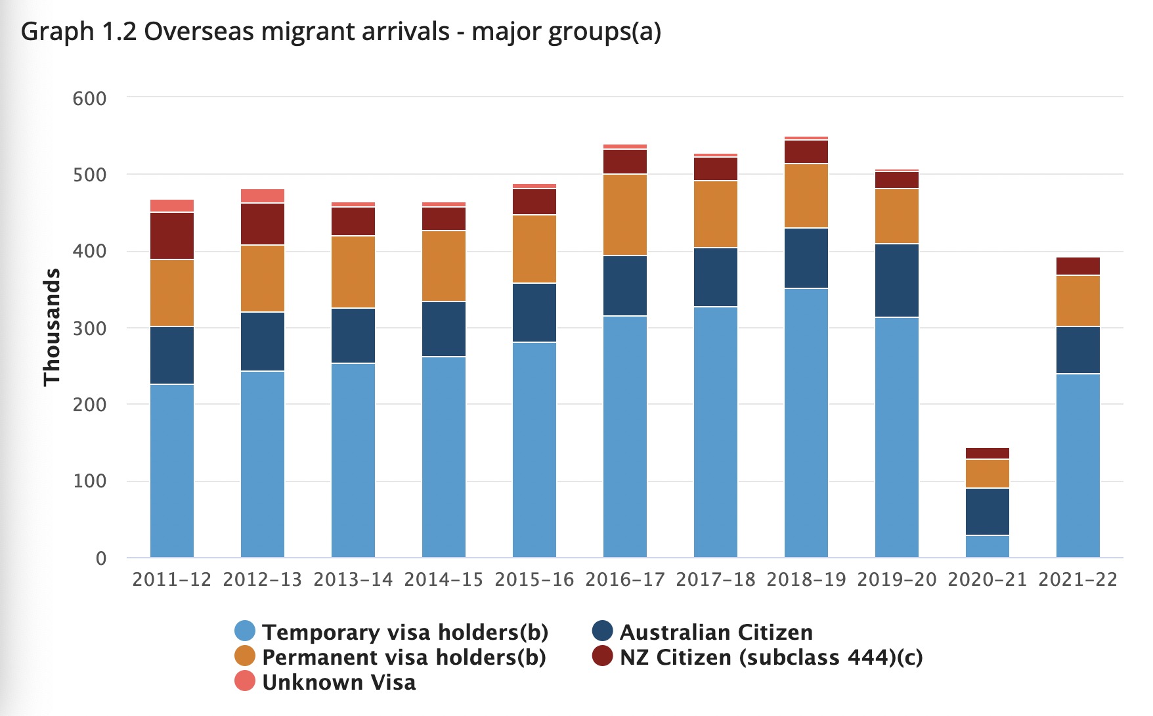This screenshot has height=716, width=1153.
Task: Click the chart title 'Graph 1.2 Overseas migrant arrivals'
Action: [x=236, y=32]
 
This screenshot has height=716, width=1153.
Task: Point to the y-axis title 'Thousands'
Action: [x=51, y=327]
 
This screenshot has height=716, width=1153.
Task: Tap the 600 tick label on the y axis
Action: [x=89, y=99]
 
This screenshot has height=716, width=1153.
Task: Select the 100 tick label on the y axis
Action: [x=89, y=481]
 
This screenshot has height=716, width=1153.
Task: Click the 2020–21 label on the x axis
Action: [x=987, y=579]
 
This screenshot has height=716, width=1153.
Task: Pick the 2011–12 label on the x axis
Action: [x=172, y=579]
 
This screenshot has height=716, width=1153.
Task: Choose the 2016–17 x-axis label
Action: [x=625, y=579]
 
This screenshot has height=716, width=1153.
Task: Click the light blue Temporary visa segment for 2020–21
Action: [x=988, y=547]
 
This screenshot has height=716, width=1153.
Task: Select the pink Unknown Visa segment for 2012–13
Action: [x=263, y=196]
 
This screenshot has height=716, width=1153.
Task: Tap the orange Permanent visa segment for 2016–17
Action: [x=625, y=215]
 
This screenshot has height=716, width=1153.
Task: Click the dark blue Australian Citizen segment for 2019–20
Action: [x=897, y=280]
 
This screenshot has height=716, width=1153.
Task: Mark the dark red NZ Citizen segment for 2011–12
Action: [x=172, y=236]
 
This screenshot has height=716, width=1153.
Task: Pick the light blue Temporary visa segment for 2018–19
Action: [x=806, y=423]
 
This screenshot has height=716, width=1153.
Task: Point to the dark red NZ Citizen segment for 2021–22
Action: [x=1078, y=266]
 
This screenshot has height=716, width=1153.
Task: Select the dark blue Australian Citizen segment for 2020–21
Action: [x=988, y=512]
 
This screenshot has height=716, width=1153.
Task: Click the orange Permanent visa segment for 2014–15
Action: [x=444, y=266]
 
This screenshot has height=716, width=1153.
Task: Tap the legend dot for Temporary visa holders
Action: [x=245, y=631]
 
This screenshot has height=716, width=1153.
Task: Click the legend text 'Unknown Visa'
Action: [x=339, y=682]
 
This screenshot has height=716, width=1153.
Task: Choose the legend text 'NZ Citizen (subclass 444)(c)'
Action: [x=772, y=657]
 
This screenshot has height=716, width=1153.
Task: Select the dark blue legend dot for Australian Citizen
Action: [x=602, y=631]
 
